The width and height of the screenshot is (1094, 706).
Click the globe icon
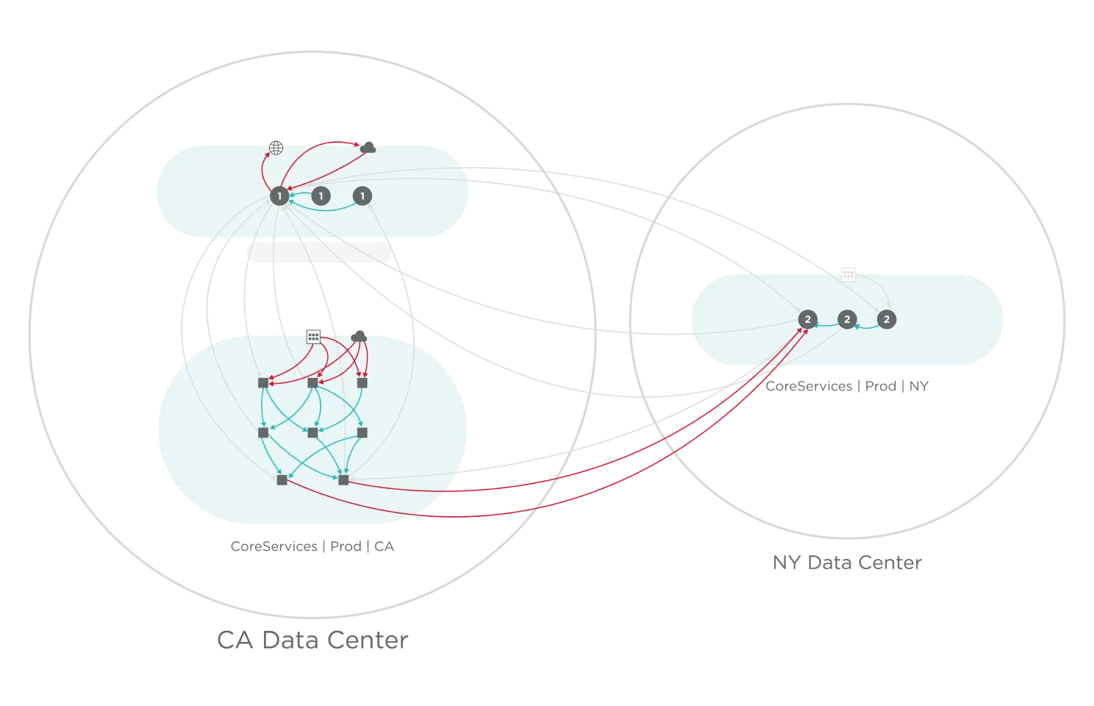pyautogui.click(x=276, y=148)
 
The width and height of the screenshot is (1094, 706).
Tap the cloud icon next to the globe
pyautogui.click(x=368, y=147)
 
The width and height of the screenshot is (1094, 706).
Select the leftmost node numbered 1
pyautogui.click(x=279, y=196)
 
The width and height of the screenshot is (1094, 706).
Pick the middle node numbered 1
pyautogui.click(x=321, y=196)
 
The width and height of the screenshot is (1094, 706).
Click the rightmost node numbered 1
pyautogui.click(x=362, y=196)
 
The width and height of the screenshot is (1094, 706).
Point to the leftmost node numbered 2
pyautogui.click(x=807, y=319)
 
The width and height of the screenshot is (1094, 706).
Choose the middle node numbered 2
pyautogui.click(x=847, y=319)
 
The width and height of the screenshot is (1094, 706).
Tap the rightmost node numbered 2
pyautogui.click(x=887, y=319)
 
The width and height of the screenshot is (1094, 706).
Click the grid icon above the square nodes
pyautogui.click(x=313, y=337)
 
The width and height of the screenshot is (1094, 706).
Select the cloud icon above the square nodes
pyautogui.click(x=358, y=336)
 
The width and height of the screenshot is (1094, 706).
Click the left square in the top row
pyautogui.click(x=263, y=383)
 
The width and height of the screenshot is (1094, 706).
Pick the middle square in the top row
pyautogui.click(x=312, y=383)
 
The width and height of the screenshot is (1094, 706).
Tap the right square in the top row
pyautogui.click(x=362, y=383)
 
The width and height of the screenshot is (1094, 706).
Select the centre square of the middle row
pyautogui.click(x=312, y=432)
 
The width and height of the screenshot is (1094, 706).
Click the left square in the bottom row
pyautogui.click(x=282, y=480)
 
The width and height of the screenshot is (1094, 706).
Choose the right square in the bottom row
pyautogui.click(x=343, y=480)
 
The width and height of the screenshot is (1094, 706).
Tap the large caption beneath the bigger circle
pyautogui.click(x=313, y=641)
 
